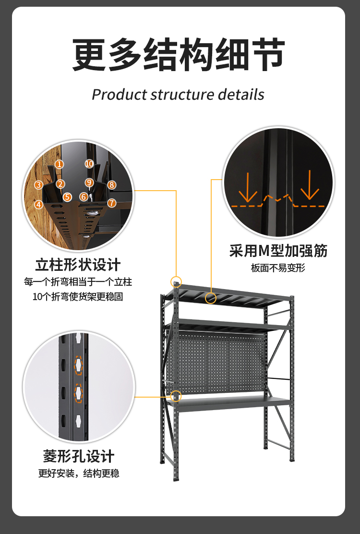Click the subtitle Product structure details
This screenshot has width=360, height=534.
pyautogui.click(x=178, y=94)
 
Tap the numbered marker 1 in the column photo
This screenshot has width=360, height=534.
pyautogui.click(x=59, y=164)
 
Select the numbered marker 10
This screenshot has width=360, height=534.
pyautogui.click(x=89, y=164)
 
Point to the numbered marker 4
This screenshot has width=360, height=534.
pyautogui.click(x=38, y=204)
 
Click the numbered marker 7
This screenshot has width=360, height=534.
pyautogui.click(x=112, y=203)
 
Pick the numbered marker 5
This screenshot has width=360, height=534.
pyautogui.click(x=67, y=197)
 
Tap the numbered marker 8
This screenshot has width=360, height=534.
pyautogui.click(x=111, y=184)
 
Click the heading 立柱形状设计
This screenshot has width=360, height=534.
pyautogui.click(x=78, y=265)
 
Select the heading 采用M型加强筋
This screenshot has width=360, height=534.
pyautogui.click(x=278, y=251)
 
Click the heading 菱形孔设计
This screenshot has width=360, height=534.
pyautogui.click(x=79, y=456)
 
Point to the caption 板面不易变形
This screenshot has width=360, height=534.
pyautogui.click(x=278, y=268)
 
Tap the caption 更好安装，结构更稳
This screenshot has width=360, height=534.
pyautogui.click(x=79, y=473)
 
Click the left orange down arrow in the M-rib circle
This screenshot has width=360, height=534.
pyautogui.click(x=248, y=187)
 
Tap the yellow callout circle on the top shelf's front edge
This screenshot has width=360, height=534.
pyautogui.click(x=210, y=298)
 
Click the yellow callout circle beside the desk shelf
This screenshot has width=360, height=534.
pyautogui.click(x=176, y=397)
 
